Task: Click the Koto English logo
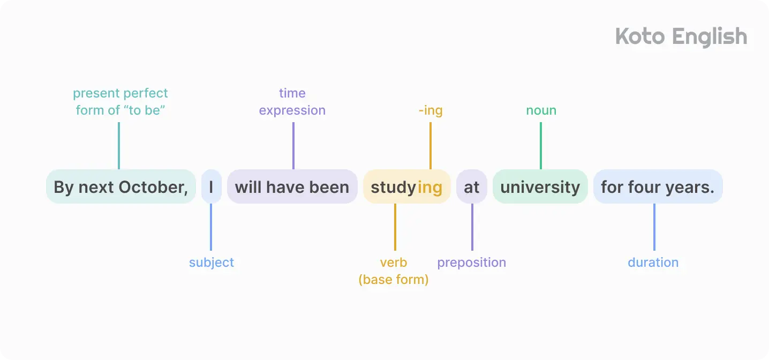point(681,37)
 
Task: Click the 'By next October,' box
point(121,187)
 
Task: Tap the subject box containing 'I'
point(211,187)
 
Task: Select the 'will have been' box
point(292,187)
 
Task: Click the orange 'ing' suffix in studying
point(430,187)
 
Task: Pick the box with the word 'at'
point(471,187)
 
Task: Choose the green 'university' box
point(540,187)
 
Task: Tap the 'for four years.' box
point(658,187)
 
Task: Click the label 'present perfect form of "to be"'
point(120,102)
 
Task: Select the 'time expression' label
point(292,102)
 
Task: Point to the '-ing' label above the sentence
point(431,110)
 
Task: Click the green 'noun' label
point(541,110)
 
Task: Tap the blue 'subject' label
point(211,262)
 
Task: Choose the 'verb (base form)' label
point(394,271)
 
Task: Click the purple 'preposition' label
point(471,262)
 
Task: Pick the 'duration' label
point(653,262)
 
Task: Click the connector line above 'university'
point(541,146)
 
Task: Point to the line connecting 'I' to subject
point(211,227)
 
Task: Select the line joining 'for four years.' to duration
point(654,227)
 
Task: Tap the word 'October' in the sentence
point(153,187)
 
